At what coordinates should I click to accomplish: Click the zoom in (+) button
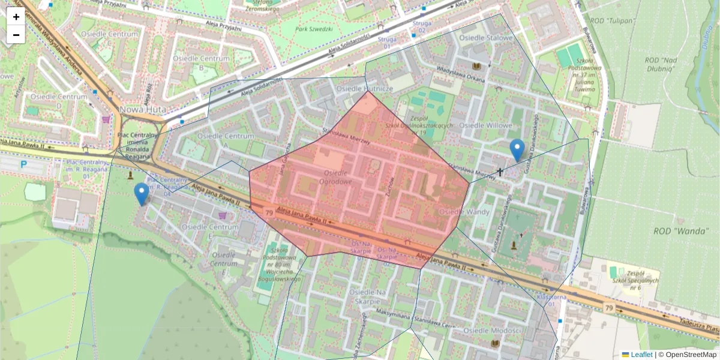click(16, 17)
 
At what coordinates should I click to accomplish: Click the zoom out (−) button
click(16, 35)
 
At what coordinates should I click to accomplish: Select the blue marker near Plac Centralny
click(142, 194)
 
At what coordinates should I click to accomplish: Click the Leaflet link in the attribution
click(641, 355)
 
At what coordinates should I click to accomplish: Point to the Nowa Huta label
click(143, 110)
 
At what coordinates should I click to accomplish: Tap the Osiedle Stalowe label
click(486, 38)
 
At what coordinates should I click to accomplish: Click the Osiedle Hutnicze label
click(365, 88)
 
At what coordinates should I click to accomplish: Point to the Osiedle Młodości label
click(493, 331)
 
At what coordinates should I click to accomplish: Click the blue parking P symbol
click(23, 164)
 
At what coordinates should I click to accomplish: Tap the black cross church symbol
click(500, 172)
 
